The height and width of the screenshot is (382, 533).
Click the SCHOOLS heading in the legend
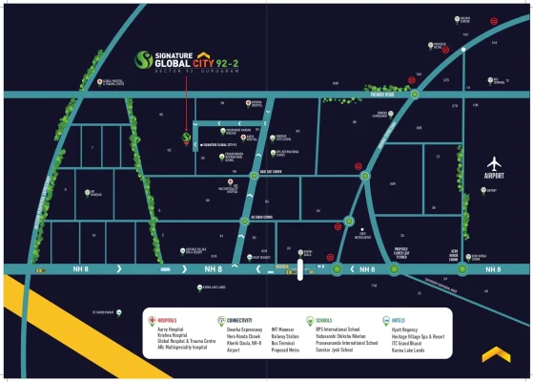pyautogui.click(x=323, y=319)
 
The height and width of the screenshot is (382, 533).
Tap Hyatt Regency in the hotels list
pyautogui.click(x=406, y=329)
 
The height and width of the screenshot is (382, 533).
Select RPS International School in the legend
pyautogui.click(x=339, y=329)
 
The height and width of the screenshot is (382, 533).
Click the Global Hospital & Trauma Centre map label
pyautogui.click(x=113, y=84)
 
